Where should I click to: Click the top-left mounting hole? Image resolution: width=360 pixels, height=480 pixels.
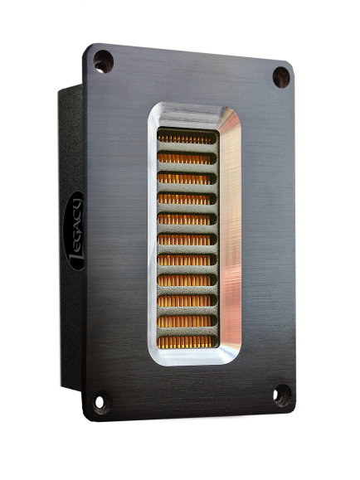click(103, 62)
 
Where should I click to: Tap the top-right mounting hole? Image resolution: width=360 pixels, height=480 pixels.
click(281, 77)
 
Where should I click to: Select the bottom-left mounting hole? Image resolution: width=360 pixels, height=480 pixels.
click(101, 402)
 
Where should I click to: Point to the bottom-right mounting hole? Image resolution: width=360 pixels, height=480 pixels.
click(281, 395)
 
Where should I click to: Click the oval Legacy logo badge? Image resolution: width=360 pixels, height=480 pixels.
click(74, 230)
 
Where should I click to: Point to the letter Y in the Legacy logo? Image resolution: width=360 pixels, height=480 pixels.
click(75, 204)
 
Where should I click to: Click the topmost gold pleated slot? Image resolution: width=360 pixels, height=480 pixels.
click(187, 138)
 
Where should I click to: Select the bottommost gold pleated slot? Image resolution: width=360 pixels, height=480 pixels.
click(187, 342)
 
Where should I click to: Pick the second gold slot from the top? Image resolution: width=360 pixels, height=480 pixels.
click(187, 158)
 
